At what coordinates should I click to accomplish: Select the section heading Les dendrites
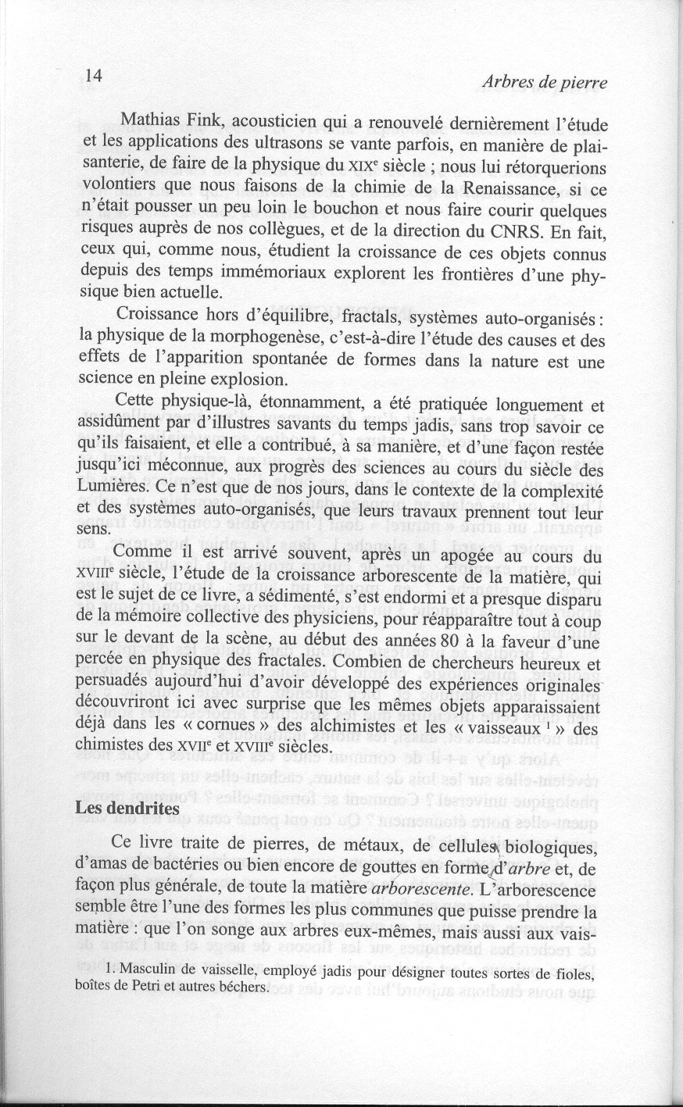127,809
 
